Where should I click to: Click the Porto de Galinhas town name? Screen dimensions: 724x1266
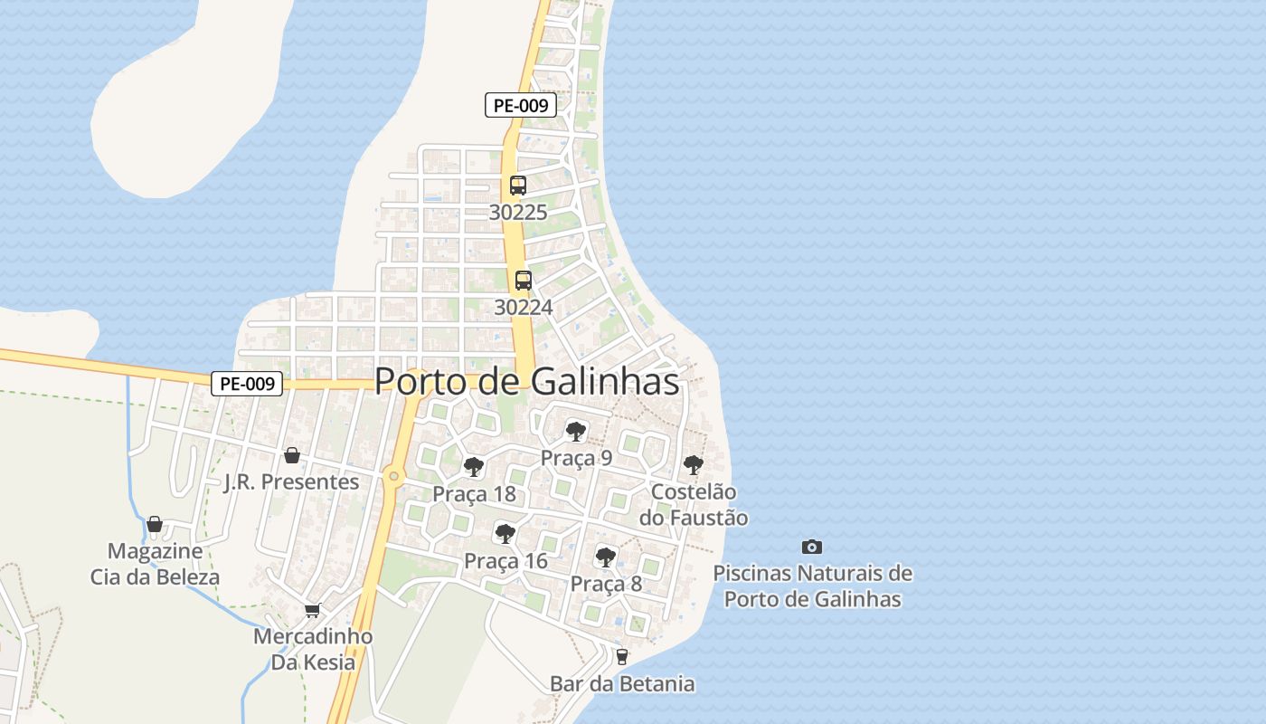click(x=526, y=381)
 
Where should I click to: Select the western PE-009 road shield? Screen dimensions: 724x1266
click(x=247, y=384)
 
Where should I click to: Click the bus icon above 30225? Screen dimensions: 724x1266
click(x=517, y=186)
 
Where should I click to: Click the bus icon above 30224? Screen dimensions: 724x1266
click(x=523, y=281)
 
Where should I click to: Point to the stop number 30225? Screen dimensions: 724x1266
click(x=517, y=213)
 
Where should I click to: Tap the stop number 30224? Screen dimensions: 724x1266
click(x=523, y=308)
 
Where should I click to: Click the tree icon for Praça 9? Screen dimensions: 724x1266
click(x=575, y=431)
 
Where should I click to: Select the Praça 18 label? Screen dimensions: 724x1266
click(x=474, y=494)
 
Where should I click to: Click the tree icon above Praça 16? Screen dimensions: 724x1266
click(x=505, y=534)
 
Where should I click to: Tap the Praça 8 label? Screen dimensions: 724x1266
click(x=606, y=584)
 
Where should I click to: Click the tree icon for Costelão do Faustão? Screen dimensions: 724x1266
click(x=694, y=465)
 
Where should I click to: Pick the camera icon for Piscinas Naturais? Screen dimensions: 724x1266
click(x=812, y=547)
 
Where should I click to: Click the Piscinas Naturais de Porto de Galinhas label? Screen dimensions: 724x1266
click(x=812, y=586)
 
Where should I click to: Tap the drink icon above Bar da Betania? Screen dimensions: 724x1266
click(x=621, y=657)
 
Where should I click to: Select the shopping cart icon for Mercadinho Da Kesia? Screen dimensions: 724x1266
click(x=312, y=610)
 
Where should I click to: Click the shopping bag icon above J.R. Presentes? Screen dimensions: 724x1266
click(x=291, y=454)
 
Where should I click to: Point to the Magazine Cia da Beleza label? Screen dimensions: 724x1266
click(x=155, y=564)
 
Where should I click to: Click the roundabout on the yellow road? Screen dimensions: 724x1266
click(x=393, y=475)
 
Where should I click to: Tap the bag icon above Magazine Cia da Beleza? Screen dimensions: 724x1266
click(x=155, y=524)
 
